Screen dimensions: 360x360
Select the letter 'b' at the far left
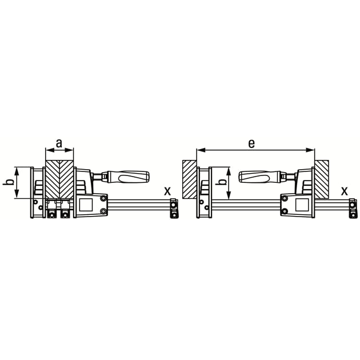[7, 182]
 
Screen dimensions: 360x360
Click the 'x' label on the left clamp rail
[167, 190]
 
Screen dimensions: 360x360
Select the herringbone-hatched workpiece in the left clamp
[59, 179]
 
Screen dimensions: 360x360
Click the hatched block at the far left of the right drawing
[189, 179]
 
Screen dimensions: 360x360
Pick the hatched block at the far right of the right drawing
[322, 179]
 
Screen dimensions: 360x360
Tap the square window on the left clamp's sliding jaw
[89, 204]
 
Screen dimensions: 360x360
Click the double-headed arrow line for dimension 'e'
[255, 150]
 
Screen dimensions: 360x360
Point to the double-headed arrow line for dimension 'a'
[59, 150]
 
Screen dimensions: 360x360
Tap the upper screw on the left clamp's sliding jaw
[103, 198]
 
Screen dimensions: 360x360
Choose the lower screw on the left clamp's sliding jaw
[103, 211]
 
